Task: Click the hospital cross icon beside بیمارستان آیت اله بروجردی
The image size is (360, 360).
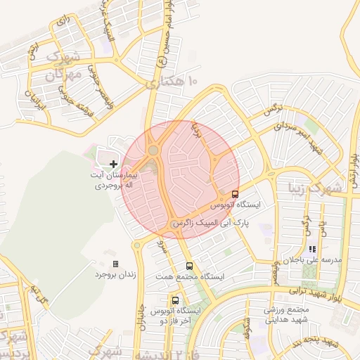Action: [114, 163]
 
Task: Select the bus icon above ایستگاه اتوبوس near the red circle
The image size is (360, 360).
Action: [235, 194]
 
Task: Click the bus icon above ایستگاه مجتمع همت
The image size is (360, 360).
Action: [188, 266]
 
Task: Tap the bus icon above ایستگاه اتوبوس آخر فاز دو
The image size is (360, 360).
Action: [175, 300]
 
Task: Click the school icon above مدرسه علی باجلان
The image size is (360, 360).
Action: [312, 249]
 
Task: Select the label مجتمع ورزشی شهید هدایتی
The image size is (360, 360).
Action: [287, 314]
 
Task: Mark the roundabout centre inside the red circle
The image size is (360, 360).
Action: [153, 150]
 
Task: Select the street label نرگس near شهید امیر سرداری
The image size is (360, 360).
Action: [273, 111]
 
